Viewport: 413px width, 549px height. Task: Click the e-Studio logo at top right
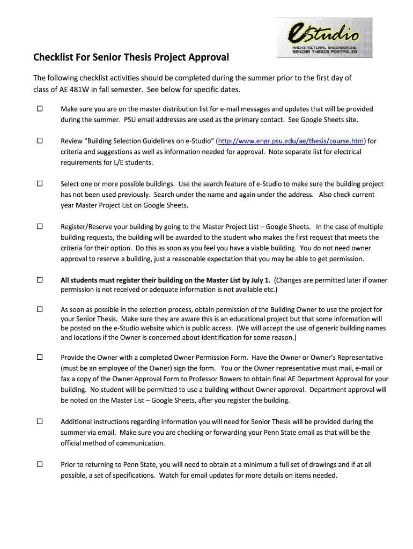coord(324,38)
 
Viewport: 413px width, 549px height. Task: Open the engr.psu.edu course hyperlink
coord(291,141)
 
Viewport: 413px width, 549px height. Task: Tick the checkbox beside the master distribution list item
coord(40,109)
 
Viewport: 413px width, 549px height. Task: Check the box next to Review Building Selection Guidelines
coord(40,141)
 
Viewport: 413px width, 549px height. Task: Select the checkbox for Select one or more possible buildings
coord(40,184)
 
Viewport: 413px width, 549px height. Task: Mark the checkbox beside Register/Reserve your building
coord(40,227)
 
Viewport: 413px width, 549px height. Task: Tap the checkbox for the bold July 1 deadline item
coord(40,280)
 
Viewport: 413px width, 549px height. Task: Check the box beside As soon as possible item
coord(40,309)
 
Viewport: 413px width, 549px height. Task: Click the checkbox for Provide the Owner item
coord(40,357)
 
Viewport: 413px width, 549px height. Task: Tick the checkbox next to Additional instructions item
coord(40,421)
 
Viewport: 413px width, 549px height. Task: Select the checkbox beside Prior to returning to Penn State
coord(40,464)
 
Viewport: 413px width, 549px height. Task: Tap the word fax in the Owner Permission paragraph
coord(67,379)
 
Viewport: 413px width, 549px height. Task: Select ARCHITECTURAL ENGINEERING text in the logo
coord(324,48)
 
